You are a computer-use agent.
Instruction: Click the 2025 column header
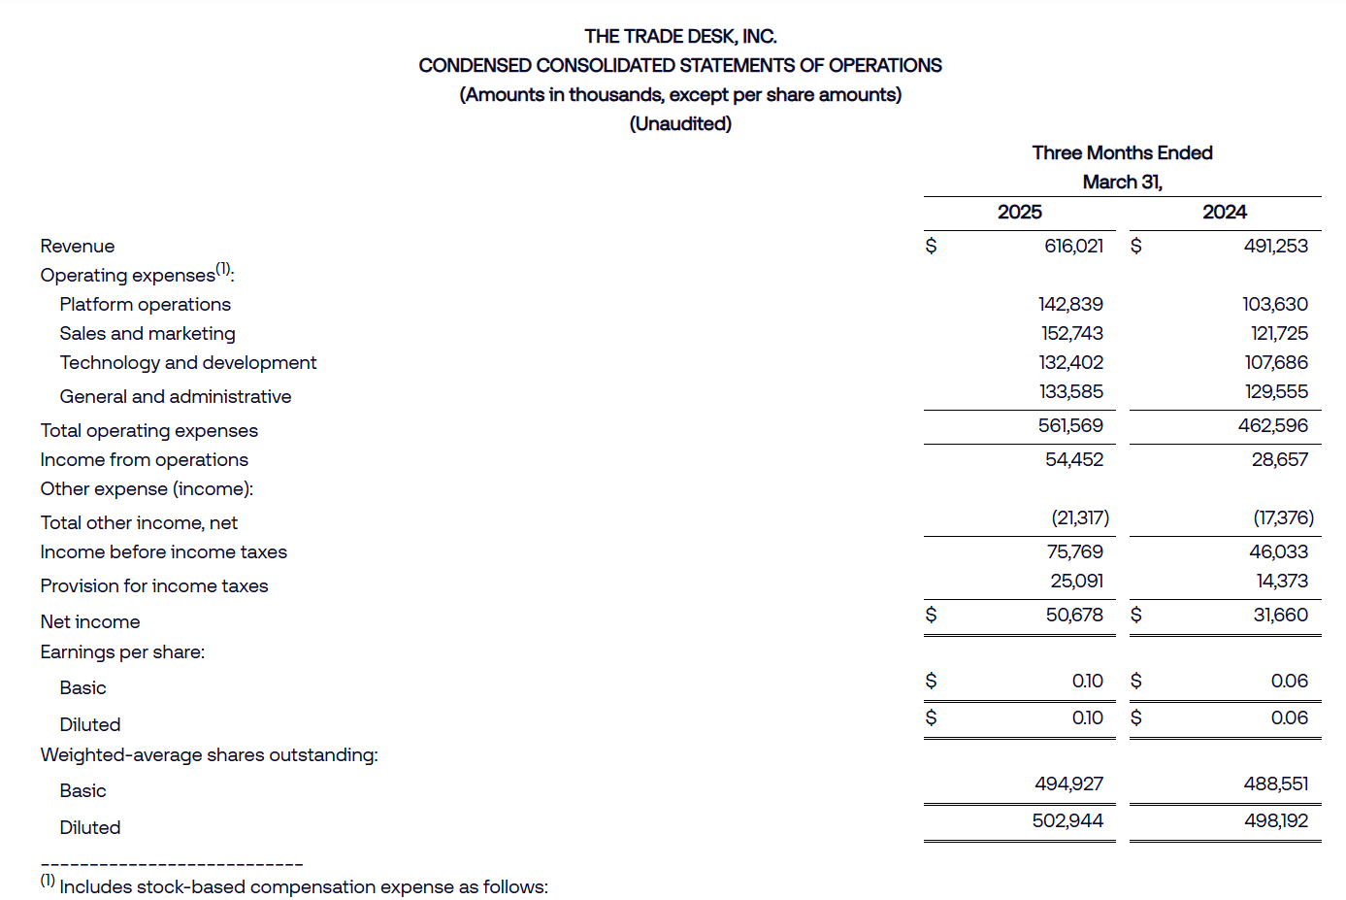pyautogui.click(x=1019, y=212)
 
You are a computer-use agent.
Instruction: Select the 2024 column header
pyautogui.click(x=1224, y=212)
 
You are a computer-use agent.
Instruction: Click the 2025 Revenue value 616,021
pyautogui.click(x=1073, y=246)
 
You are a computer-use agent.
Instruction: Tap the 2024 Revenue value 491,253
pyautogui.click(x=1275, y=246)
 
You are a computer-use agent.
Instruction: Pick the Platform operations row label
pyautogui.click(x=145, y=304)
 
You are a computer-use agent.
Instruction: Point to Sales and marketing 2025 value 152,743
pyautogui.click(x=1071, y=333)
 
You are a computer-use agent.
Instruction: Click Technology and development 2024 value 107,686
pyautogui.click(x=1275, y=362)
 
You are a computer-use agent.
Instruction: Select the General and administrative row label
pyautogui.click(x=175, y=396)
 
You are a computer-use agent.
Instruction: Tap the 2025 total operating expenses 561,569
pyautogui.click(x=1070, y=425)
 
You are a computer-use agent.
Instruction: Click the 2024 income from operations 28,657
pyautogui.click(x=1279, y=459)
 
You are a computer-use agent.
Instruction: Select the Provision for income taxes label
pyautogui.click(x=153, y=585)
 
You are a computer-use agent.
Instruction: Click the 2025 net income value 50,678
pyautogui.click(x=1073, y=615)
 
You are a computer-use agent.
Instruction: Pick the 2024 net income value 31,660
pyautogui.click(x=1280, y=615)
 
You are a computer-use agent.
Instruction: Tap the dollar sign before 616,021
pyautogui.click(x=931, y=246)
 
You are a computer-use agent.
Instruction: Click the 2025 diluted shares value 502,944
pyautogui.click(x=1067, y=820)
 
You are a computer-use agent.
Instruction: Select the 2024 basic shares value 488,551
pyautogui.click(x=1275, y=783)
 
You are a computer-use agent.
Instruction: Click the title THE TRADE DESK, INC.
pyautogui.click(x=680, y=36)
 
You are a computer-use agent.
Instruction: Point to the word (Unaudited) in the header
pyautogui.click(x=680, y=123)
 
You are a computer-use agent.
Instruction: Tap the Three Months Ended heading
pyautogui.click(x=1122, y=152)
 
